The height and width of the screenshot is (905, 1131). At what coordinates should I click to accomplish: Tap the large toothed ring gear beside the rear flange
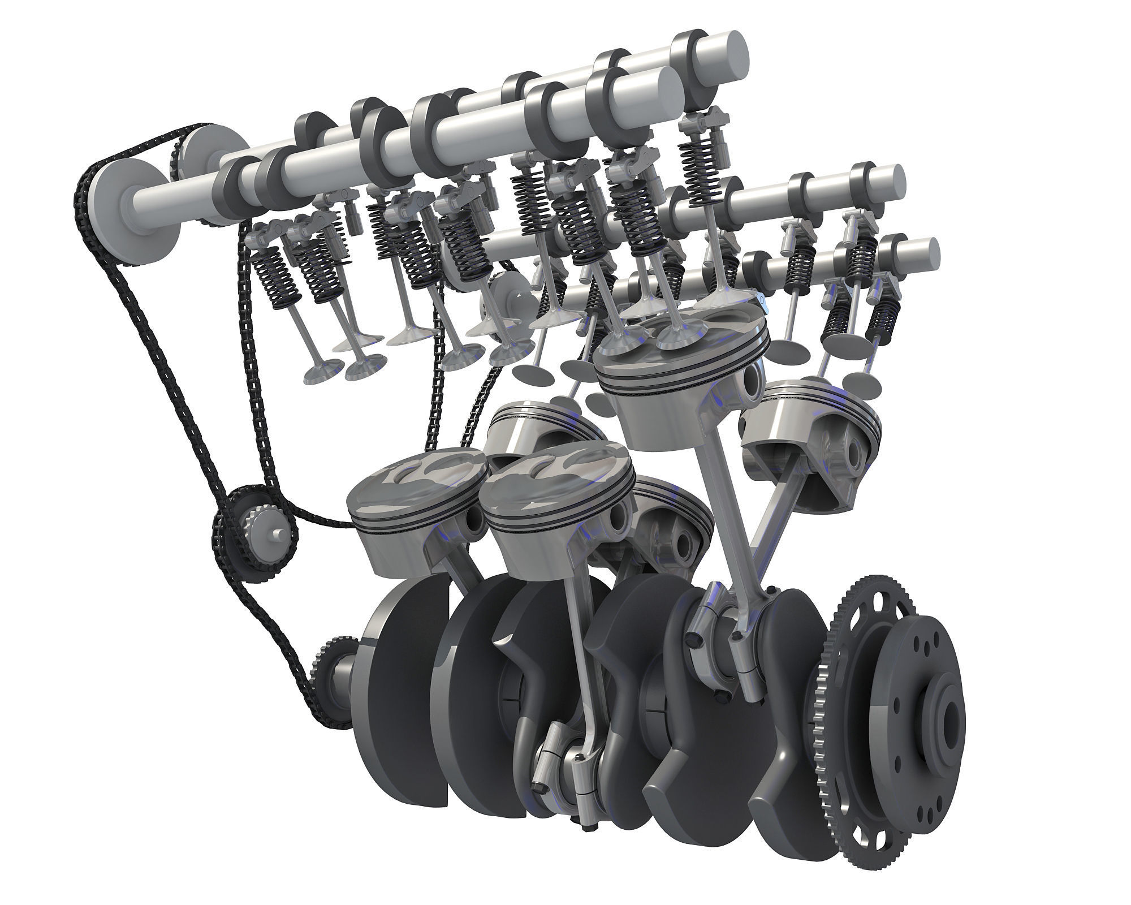(831, 707)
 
